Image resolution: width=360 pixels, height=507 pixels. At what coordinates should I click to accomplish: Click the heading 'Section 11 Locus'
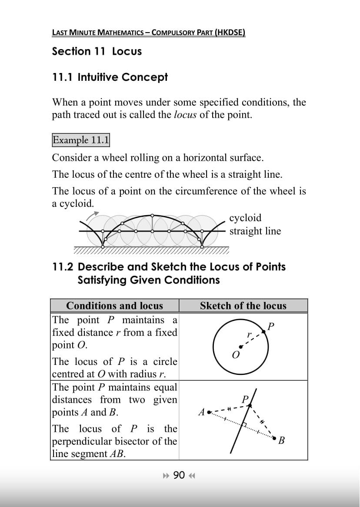97,51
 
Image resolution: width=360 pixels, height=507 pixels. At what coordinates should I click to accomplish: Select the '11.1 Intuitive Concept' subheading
110,77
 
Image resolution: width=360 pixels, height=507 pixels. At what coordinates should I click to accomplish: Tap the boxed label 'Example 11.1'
81,140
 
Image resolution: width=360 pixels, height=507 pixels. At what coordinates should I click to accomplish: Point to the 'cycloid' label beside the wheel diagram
245,218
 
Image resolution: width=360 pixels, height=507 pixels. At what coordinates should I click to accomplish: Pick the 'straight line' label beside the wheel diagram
255,231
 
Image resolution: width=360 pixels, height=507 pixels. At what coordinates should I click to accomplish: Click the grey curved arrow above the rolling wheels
93,215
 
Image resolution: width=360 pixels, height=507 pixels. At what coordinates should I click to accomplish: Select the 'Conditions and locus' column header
114,306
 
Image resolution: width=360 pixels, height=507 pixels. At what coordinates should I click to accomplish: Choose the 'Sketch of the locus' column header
243,306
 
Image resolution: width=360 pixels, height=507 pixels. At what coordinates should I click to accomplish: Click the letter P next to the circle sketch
271,326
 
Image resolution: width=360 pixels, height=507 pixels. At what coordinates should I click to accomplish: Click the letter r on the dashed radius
249,335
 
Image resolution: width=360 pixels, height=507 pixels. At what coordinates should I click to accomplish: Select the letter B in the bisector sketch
281,441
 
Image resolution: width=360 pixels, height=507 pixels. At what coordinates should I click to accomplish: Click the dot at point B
274,438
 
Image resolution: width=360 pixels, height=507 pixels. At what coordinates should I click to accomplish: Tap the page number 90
179,475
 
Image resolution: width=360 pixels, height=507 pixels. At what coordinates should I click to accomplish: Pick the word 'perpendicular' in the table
80,441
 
